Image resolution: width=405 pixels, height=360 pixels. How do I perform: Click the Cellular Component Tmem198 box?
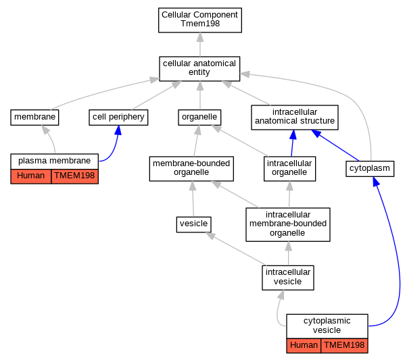point(200,20)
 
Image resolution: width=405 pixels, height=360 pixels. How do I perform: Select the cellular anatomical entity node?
point(199,69)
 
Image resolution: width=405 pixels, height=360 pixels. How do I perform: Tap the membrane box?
point(34,118)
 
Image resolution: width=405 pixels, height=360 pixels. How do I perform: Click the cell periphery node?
point(118,118)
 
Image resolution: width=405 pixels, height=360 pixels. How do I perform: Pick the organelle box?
point(199,118)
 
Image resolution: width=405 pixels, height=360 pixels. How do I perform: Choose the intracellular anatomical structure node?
point(295,118)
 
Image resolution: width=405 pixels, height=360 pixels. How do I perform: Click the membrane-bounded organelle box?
point(191,168)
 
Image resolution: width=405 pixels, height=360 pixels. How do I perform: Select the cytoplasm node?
point(370,169)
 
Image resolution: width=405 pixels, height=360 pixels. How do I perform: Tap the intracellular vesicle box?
point(288,278)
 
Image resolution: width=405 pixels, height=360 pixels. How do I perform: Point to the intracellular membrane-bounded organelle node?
point(288,224)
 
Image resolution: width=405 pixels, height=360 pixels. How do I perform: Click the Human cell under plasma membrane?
point(30,176)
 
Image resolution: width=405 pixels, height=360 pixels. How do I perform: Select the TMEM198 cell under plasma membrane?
point(74,176)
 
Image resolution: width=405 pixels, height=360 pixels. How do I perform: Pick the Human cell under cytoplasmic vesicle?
point(304,346)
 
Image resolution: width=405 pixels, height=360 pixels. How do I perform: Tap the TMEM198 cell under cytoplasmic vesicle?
point(344,346)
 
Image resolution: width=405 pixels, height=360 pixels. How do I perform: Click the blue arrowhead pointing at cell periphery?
point(118,130)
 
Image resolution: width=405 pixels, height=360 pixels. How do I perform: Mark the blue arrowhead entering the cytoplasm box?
point(376,182)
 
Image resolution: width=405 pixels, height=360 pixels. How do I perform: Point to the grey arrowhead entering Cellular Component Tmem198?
point(200,37)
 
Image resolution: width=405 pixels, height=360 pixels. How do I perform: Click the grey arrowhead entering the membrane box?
point(45,130)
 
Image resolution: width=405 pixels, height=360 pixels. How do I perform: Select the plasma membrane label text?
point(55,161)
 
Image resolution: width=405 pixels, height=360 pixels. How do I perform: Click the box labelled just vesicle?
point(194,224)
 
